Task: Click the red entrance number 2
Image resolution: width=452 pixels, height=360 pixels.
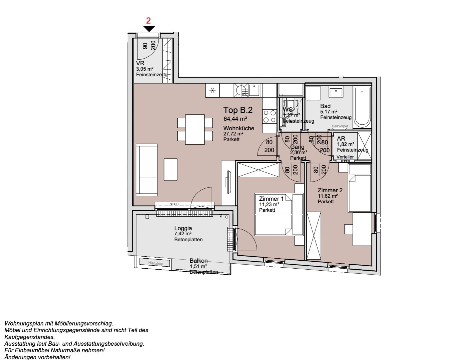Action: click(148, 21)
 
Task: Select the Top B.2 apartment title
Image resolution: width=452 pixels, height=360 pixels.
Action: click(238, 110)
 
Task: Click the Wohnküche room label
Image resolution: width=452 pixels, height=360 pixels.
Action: click(239, 128)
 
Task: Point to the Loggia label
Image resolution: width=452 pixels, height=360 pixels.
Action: click(183, 228)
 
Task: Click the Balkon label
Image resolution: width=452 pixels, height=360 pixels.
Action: click(198, 261)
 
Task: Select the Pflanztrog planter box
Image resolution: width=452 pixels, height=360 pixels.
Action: click(155, 263)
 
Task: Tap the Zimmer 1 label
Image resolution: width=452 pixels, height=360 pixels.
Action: click(271, 199)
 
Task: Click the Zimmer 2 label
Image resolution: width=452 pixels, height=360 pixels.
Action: click(330, 190)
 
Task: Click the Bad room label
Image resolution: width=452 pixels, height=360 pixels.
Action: click(325, 106)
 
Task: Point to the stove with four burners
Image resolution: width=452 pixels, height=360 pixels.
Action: click(270, 117)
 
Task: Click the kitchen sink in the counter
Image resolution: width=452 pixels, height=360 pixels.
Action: click(254, 90)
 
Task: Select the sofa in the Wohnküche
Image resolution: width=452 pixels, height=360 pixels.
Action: click(146, 170)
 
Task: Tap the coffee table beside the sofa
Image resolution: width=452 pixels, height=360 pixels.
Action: click(170, 170)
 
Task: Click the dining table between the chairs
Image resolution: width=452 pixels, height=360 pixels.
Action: click(195, 129)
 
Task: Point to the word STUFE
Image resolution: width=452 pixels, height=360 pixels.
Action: click(175, 204)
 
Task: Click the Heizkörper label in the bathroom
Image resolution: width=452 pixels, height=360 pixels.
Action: click(340, 126)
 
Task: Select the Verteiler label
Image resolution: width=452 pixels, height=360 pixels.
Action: click(345, 157)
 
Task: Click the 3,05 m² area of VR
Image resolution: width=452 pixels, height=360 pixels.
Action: click(144, 69)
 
